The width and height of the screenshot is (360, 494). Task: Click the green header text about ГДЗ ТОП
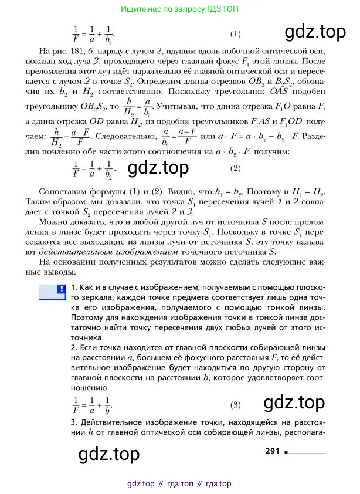(179, 9)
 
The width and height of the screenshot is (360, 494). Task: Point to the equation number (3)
(235, 404)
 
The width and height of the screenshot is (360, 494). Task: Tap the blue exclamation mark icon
(60, 289)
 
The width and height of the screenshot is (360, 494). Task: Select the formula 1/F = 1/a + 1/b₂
(94, 168)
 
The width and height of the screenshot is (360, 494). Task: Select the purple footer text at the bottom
(179, 484)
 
